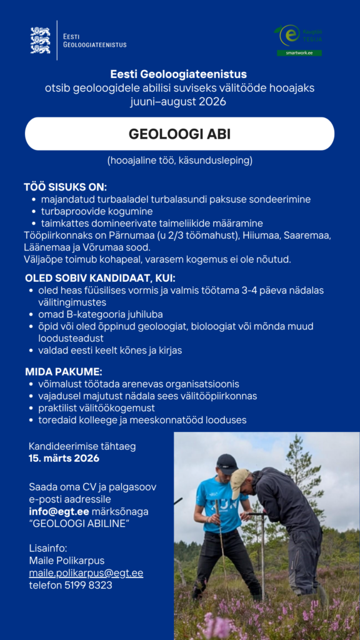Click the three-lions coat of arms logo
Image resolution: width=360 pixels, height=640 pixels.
tap(41, 40)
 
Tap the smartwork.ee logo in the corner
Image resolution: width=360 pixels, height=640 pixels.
tap(299, 41)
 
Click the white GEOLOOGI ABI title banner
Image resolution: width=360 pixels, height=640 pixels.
tap(179, 134)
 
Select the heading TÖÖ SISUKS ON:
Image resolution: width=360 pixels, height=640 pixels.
tap(66, 187)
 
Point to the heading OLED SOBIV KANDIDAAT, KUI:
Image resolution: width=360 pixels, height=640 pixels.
tap(100, 277)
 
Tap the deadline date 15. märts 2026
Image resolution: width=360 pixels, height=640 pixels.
tap(64, 458)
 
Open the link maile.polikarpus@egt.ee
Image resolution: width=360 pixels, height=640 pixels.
tap(86, 573)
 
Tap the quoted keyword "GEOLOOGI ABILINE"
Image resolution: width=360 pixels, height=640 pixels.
tap(79, 523)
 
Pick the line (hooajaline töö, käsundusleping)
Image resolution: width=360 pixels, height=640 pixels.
tap(179, 161)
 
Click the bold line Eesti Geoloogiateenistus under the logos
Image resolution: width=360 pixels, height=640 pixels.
tap(179, 75)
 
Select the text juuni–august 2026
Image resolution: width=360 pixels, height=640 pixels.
tap(178, 101)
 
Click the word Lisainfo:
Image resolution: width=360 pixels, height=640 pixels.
tap(47, 548)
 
